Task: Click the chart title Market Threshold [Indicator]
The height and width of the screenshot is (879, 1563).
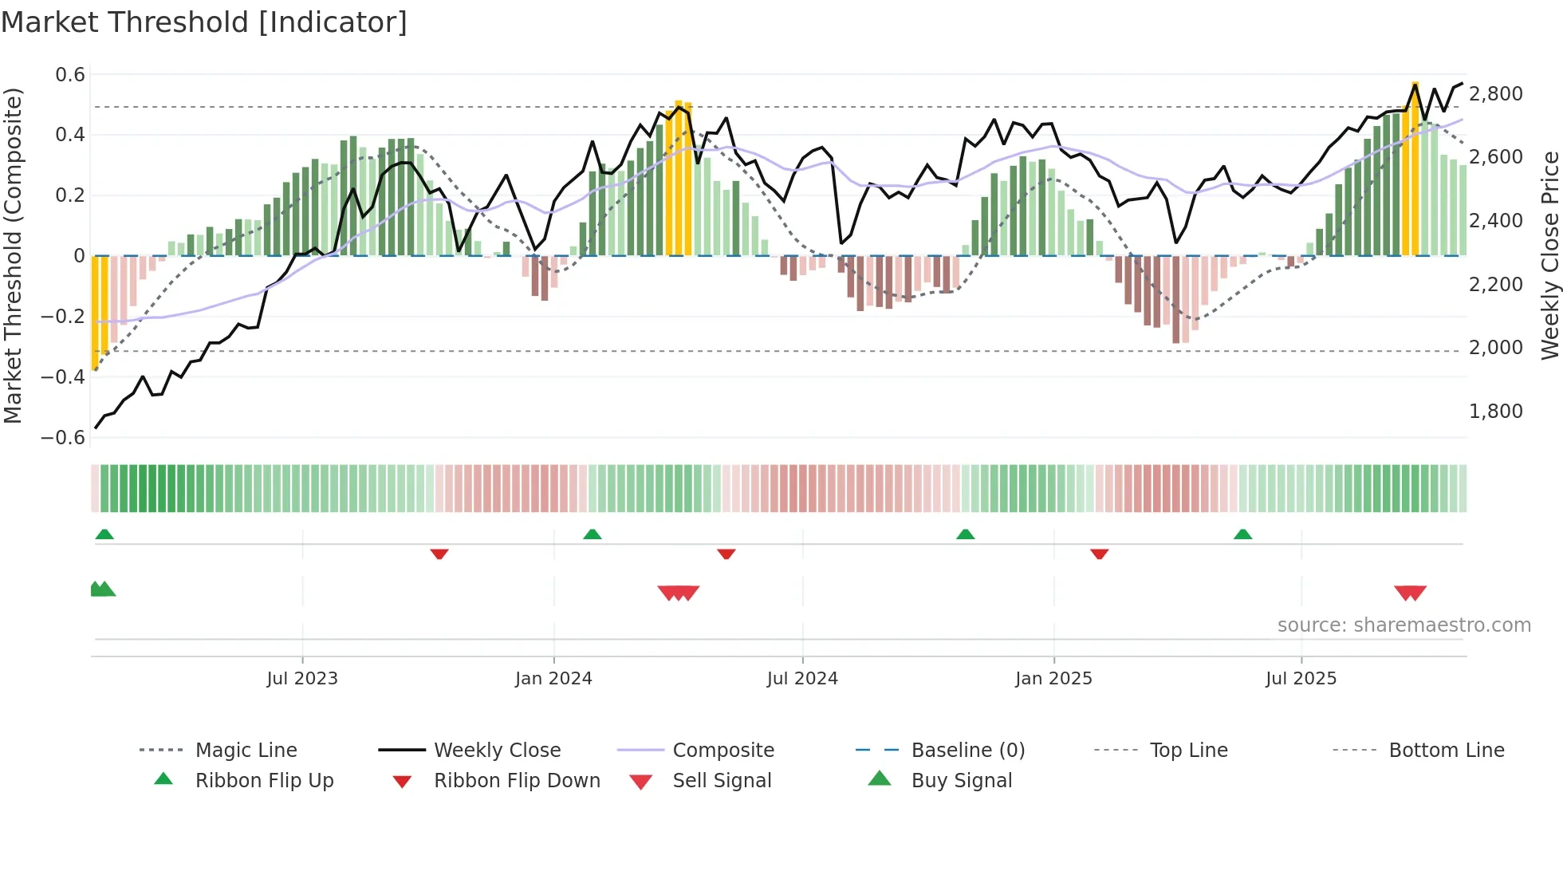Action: click(x=204, y=22)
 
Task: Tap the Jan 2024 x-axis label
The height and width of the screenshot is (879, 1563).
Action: click(x=553, y=679)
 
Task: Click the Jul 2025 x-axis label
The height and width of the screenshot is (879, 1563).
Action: click(x=1301, y=679)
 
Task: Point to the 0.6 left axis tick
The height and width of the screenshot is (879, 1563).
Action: click(x=70, y=75)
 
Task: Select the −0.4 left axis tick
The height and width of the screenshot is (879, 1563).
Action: click(x=63, y=376)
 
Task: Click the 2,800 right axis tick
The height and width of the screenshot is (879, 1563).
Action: click(x=1495, y=94)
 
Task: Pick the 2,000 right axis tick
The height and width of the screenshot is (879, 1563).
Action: click(x=1495, y=348)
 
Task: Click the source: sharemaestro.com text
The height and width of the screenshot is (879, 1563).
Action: click(x=1404, y=625)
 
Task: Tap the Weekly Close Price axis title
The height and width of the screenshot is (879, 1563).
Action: click(x=1549, y=255)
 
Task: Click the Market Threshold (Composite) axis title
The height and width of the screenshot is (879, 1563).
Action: click(x=13, y=255)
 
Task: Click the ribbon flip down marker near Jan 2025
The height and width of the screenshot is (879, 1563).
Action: click(x=1099, y=554)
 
